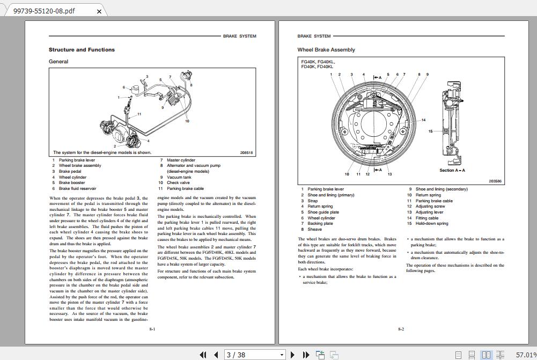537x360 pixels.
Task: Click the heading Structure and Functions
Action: (82, 50)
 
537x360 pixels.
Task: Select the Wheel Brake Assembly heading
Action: (326, 50)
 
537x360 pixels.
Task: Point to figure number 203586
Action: (495, 181)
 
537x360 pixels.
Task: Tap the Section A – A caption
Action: (452, 170)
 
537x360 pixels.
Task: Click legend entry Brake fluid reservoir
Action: (77, 189)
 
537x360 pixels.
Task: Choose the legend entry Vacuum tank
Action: (179, 177)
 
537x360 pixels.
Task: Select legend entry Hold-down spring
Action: (431, 224)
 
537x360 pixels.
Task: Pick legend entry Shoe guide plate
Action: (323, 212)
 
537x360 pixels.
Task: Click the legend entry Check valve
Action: (178, 183)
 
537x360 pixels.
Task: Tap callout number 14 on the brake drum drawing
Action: (423, 120)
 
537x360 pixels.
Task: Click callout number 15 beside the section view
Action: (430, 131)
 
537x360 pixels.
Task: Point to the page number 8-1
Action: (152, 329)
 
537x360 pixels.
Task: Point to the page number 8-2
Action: (401, 329)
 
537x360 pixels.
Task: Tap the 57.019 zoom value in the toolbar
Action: (526, 355)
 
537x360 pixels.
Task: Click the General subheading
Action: (58, 62)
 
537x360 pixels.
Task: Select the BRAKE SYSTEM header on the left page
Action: (239, 36)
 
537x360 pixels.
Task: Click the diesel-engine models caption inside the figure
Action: (102, 153)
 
